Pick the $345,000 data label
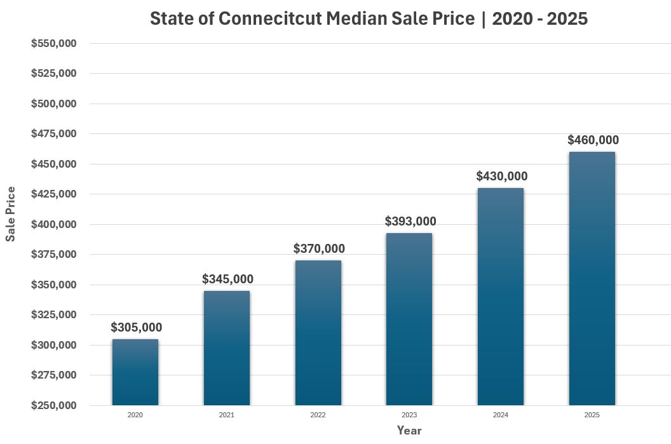click(x=227, y=279)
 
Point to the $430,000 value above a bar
click(x=502, y=177)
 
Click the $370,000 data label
click(x=319, y=248)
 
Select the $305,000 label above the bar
click(x=136, y=328)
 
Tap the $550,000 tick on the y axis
click(x=54, y=43)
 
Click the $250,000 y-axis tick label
click(x=54, y=405)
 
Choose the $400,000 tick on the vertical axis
click(x=54, y=224)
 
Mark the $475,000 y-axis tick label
click(x=54, y=134)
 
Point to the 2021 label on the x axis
click(x=227, y=415)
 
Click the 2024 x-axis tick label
click(x=501, y=415)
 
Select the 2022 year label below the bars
click(x=318, y=415)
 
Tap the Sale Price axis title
click(x=11, y=214)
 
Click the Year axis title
click(x=409, y=431)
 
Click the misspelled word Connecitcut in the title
click(x=271, y=19)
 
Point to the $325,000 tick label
click(x=54, y=315)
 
